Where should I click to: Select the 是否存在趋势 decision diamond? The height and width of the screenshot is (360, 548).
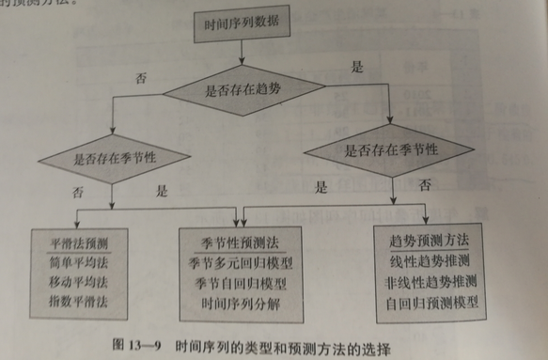coord(248,93)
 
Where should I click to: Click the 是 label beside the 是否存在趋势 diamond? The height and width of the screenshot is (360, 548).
coord(356,67)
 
